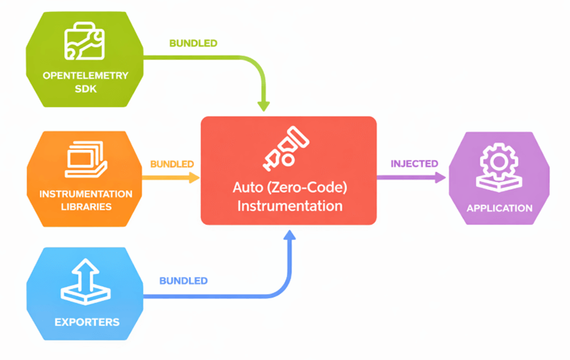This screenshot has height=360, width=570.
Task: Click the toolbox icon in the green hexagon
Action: [x=84, y=41]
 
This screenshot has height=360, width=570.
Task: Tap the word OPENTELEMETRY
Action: [x=85, y=76]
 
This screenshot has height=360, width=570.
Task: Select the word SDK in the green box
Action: [x=85, y=89]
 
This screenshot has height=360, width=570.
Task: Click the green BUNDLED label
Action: [x=193, y=43]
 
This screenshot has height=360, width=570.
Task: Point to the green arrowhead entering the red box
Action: [x=264, y=105]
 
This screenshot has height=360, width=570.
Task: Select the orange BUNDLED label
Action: [x=171, y=164]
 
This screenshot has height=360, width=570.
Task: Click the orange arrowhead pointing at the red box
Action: [x=194, y=178]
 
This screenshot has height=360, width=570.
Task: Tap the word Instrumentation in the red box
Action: [x=289, y=206]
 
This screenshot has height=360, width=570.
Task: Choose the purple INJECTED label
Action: [x=414, y=164]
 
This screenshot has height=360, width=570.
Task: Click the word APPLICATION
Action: [x=499, y=208]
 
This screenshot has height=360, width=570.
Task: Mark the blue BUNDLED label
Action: [x=183, y=281]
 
